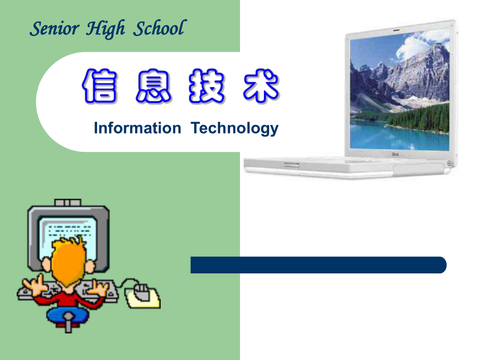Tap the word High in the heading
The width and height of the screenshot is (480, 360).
105,29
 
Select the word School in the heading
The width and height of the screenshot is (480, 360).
159,28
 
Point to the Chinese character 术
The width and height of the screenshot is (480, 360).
261,86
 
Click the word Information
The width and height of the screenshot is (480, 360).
137,128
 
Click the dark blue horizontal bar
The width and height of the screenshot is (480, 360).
318,265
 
